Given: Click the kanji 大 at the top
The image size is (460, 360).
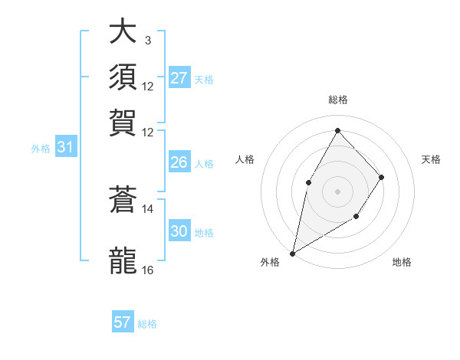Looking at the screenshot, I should point(123,32).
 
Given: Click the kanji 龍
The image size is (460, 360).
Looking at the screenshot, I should point(123,260).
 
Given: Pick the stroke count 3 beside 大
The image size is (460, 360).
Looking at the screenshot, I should point(147,40).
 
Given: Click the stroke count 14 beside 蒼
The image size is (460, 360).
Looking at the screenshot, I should point(148,208).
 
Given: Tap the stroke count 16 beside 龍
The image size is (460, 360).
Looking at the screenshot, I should point(148,270).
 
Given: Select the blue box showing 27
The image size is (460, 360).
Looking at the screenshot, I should point(179,78).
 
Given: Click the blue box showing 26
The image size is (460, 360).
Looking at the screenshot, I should point(179,162).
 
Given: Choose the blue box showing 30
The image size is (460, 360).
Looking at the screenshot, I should point(179,231).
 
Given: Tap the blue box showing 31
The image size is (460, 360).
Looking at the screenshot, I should point(65,147).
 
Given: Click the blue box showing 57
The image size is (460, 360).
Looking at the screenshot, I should point(123,322).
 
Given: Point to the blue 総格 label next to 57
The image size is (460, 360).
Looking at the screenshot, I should point(147,324).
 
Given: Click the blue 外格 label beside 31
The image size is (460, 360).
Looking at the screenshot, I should point(41,149).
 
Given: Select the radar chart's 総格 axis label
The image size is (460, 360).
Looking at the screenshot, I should point(337,100).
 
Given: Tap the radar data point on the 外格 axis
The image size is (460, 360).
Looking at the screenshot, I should point(292,254).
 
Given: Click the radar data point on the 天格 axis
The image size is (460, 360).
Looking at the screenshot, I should point(381,177).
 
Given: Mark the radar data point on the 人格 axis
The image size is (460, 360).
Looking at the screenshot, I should point(309,182).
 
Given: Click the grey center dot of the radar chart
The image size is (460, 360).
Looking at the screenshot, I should point(337,191).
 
